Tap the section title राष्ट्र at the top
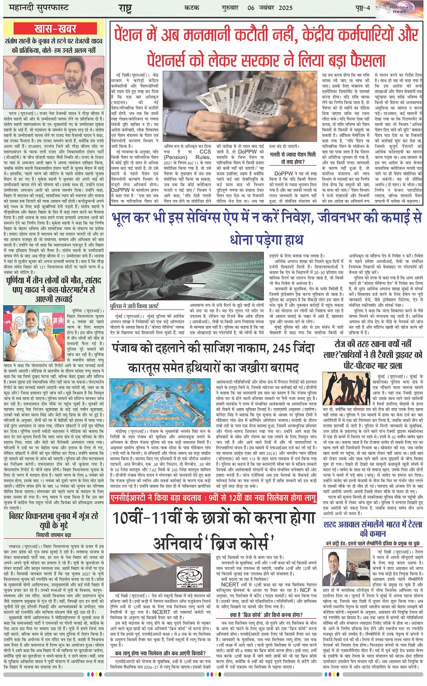pyautogui.click(x=125, y=9)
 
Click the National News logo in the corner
pyautogui.click(x=400, y=9)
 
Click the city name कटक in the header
pyautogui.click(x=192, y=8)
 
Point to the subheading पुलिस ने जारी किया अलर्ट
pyautogui.click(x=134, y=306)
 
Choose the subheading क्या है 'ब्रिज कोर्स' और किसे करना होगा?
pyautogui.click(x=266, y=615)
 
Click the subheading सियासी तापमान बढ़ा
pyautogui.click(x=54, y=535)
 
